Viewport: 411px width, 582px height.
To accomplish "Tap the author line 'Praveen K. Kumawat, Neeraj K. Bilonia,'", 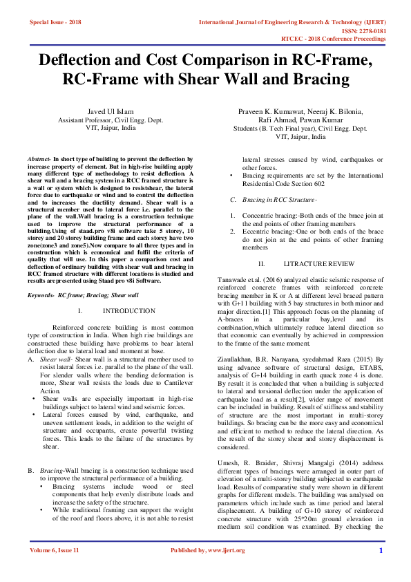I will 300,111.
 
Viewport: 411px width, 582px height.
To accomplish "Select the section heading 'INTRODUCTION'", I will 133,311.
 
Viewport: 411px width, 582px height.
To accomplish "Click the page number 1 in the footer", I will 381,550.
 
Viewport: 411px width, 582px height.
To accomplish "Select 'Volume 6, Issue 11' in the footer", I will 55,550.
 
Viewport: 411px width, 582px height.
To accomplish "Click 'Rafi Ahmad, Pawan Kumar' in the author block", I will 300,120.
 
